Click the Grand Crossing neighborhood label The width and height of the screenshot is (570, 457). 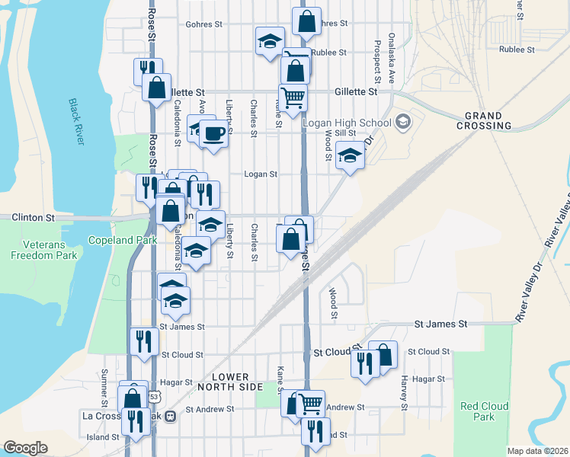tap(484, 120)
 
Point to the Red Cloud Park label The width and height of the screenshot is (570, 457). tap(478, 411)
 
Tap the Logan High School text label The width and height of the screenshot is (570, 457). tap(347, 123)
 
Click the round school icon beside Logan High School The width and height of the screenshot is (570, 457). tap(403, 123)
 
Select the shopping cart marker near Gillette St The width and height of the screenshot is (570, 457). tap(293, 98)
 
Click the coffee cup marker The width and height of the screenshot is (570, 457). tap(214, 133)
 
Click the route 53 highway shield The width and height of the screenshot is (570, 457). tap(155, 397)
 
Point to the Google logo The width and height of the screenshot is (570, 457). tap(25, 448)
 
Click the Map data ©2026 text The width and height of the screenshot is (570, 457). tap(536, 451)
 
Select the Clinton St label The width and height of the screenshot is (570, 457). tap(34, 218)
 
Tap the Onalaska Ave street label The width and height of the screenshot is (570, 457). tap(392, 57)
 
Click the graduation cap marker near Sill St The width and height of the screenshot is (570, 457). tap(350, 157)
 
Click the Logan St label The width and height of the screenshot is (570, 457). tap(260, 174)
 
